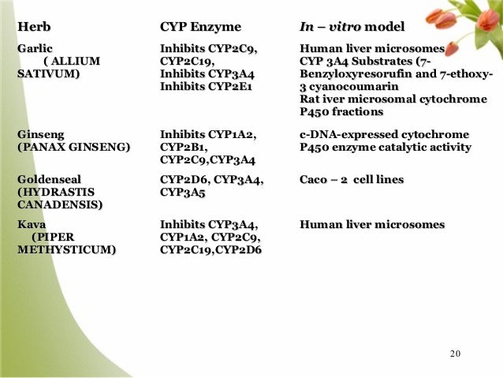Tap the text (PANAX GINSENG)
(x=74, y=148)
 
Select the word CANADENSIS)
(x=59, y=205)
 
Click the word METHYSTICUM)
(x=65, y=250)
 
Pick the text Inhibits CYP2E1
(x=207, y=87)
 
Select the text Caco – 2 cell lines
(x=352, y=180)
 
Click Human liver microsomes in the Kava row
(x=372, y=225)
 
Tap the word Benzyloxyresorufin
(x=354, y=74)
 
